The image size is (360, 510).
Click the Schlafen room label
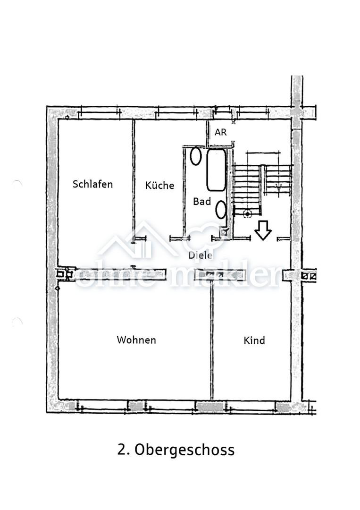click(92, 184)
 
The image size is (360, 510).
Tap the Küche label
click(159, 185)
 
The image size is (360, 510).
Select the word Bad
click(202, 201)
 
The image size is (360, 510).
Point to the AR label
click(221, 132)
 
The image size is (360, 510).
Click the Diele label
click(201, 255)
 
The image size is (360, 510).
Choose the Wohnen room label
click(136, 340)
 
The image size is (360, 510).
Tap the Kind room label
click(254, 340)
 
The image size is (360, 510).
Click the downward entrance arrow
click(263, 230)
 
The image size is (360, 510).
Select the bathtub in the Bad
click(217, 170)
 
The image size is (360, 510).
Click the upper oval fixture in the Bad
click(196, 156)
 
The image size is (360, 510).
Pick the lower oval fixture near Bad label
click(221, 210)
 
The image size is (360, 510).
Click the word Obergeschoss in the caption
click(184, 450)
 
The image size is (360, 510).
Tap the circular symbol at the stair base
click(248, 214)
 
